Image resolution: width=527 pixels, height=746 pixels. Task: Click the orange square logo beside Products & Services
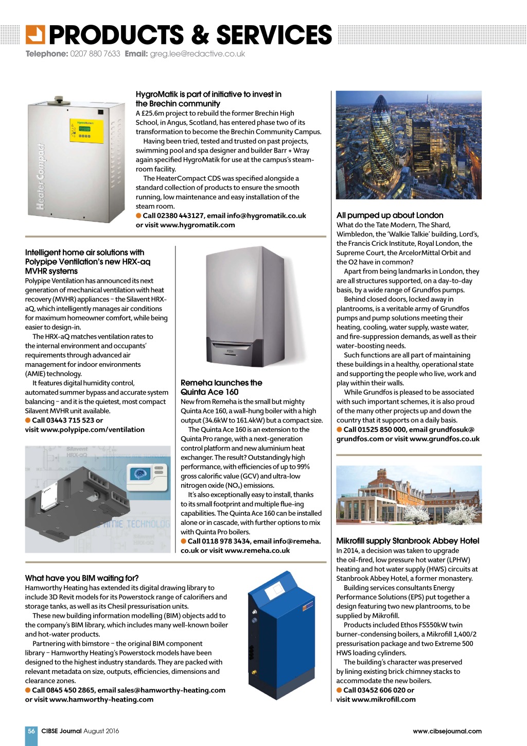pyautogui.click(x=36, y=35)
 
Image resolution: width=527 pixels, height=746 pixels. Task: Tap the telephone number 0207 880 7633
pyautogui.click(x=95, y=54)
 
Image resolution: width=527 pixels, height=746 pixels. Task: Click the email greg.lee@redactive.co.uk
pyautogui.click(x=197, y=54)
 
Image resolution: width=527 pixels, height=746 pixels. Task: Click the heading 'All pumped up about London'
pyautogui.click(x=390, y=215)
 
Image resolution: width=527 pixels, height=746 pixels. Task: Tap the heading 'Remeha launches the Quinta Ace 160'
pyautogui.click(x=221, y=387)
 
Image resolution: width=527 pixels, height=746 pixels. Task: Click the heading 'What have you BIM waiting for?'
pyautogui.click(x=82, y=578)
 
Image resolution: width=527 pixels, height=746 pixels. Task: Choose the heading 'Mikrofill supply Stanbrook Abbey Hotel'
pyautogui.click(x=408, y=541)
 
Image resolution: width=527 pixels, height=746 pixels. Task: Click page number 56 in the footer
pyautogui.click(x=31, y=731)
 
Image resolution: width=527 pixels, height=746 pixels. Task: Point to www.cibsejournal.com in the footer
pyautogui.click(x=447, y=731)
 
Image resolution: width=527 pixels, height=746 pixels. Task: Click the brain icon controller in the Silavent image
pyautogui.click(x=140, y=474)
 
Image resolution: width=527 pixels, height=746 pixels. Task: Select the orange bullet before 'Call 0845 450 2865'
pyautogui.click(x=28, y=690)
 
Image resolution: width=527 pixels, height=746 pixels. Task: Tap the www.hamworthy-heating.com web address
pyautogui.click(x=101, y=699)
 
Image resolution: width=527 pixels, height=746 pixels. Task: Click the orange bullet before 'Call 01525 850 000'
pyautogui.click(x=340, y=429)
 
